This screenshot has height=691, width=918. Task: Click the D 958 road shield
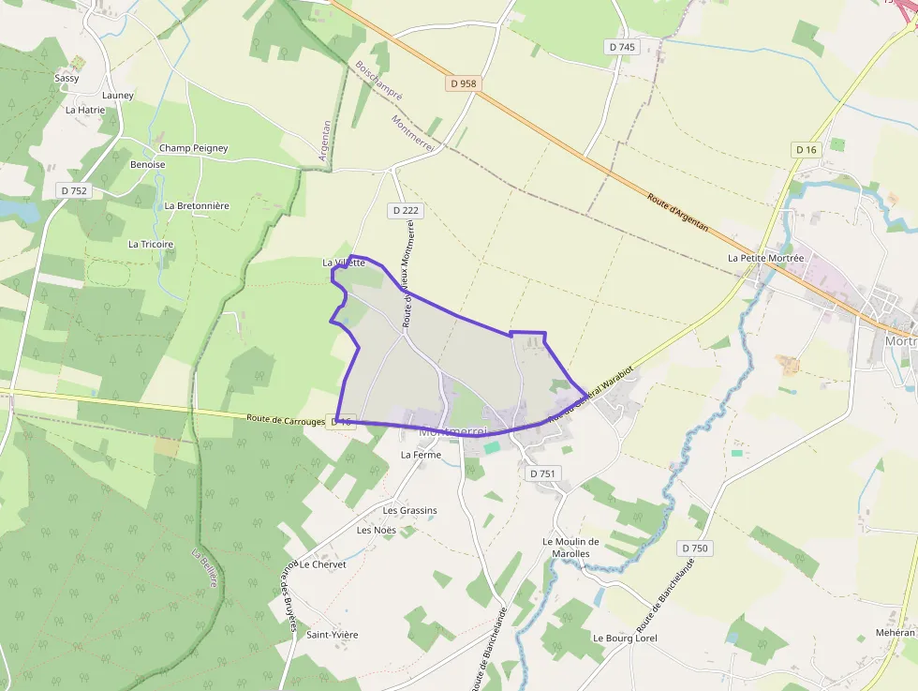(463, 83)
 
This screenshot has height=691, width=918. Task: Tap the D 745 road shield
(621, 47)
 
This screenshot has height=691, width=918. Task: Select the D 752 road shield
(73, 190)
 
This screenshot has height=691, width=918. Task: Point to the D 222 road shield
(405, 211)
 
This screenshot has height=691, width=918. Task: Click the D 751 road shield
(542, 473)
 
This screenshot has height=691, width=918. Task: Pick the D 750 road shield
(695, 548)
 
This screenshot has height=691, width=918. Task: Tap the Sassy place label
(67, 78)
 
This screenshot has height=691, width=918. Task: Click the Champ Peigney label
(193, 148)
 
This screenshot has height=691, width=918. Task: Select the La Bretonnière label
(197, 205)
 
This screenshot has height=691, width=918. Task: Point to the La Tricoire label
(151, 244)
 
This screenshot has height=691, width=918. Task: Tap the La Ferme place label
(421, 455)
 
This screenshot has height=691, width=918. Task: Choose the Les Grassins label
(410, 510)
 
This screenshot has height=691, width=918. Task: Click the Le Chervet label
(323, 564)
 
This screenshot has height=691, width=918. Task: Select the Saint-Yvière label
(333, 635)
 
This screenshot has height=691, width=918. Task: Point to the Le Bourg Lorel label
(625, 638)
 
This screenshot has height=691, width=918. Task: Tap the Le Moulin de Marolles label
(570, 548)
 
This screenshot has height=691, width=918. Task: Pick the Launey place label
(118, 95)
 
